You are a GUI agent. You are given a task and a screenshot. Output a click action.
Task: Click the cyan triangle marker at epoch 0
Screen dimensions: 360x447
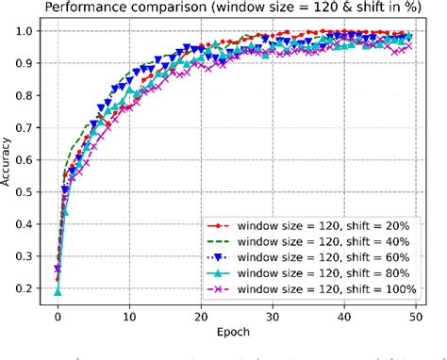point(58,292)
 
